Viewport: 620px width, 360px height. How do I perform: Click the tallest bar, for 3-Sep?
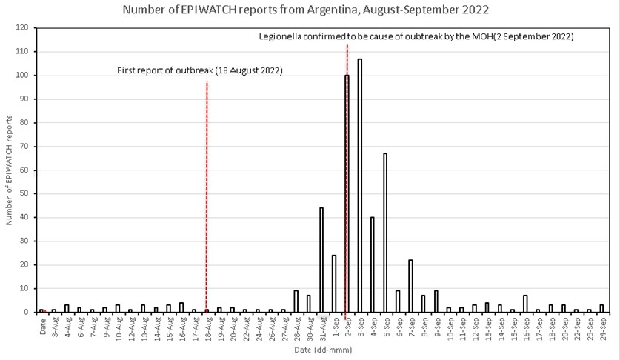click(360, 185)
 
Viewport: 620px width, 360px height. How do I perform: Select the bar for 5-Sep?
click(385, 233)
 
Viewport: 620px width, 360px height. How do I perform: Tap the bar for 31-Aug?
click(321, 259)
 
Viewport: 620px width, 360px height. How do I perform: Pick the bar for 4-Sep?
click(373, 264)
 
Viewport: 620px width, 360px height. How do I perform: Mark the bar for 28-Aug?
click(296, 301)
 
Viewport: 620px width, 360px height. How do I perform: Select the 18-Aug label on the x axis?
click(205, 327)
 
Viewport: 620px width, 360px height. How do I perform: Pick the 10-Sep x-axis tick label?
click(447, 327)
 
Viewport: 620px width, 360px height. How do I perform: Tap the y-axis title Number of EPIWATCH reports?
click(9, 170)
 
